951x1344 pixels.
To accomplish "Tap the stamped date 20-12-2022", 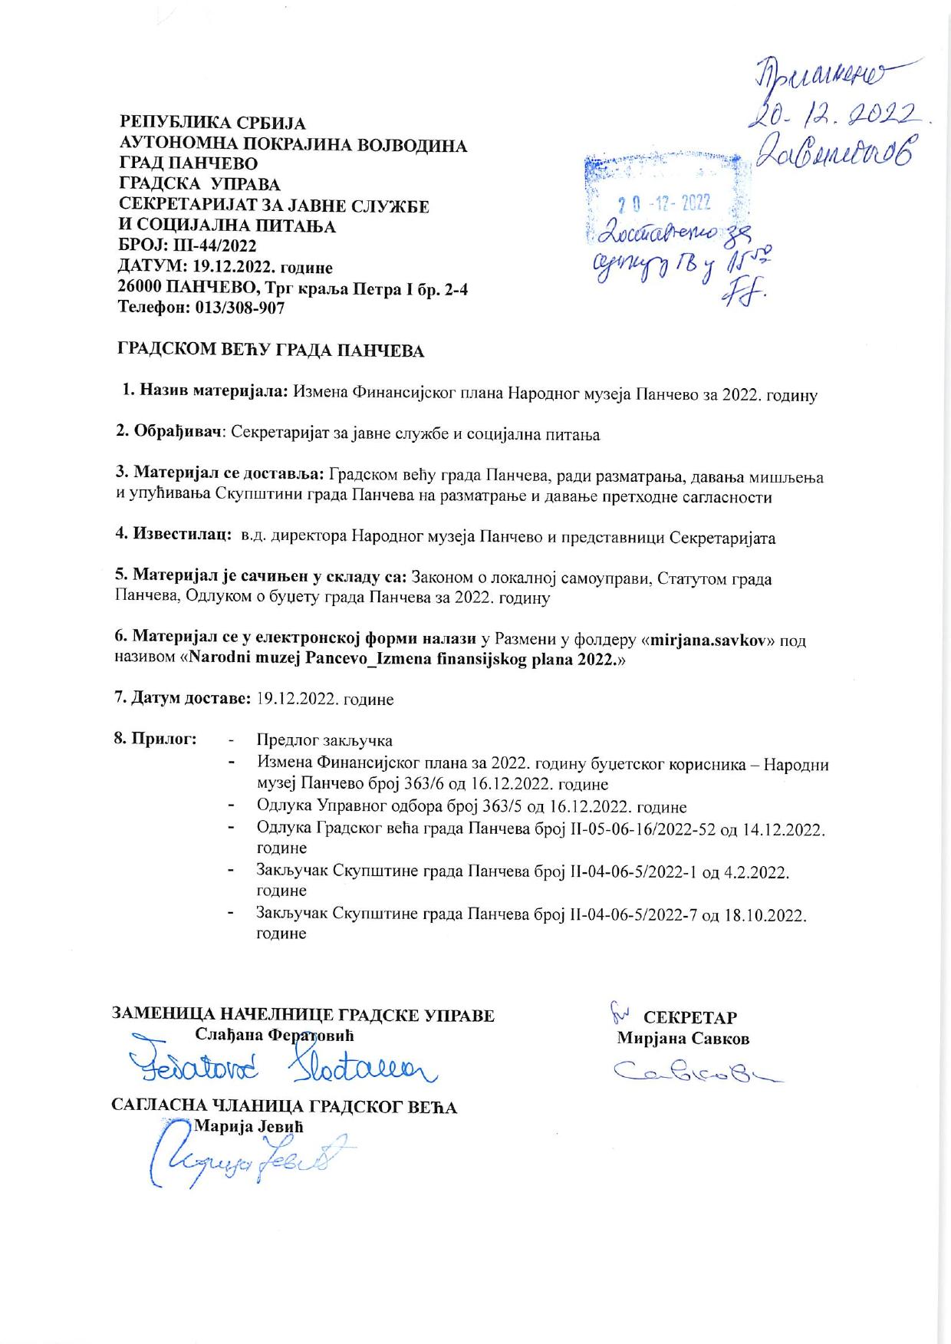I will click(x=664, y=203).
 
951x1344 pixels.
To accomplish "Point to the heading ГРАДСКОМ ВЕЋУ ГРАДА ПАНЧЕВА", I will click(x=270, y=351).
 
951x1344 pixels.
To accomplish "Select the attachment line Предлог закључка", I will click(x=324, y=740).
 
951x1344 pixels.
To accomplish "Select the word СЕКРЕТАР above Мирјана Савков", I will click(x=689, y=1018).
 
